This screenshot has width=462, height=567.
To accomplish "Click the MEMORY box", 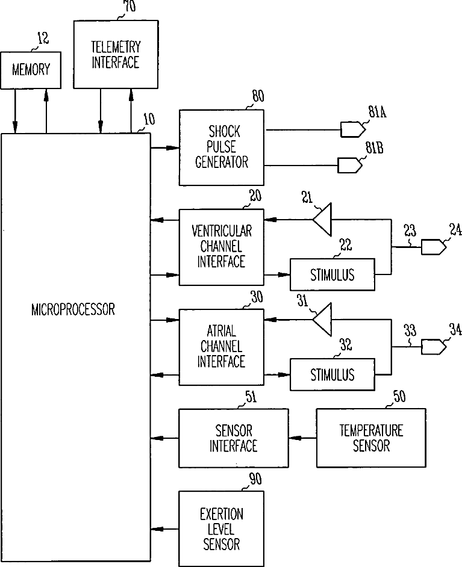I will coord(31,69).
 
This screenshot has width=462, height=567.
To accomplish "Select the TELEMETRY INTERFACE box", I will coord(116,55).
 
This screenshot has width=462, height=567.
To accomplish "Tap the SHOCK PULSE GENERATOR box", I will coord(221,147).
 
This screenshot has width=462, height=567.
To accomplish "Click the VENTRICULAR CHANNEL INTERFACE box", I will coord(221,247).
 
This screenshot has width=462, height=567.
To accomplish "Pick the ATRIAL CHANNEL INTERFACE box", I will coord(221,347).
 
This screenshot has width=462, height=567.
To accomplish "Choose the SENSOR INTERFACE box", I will coord(233,438).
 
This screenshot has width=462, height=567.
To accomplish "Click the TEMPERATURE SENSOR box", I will coord(371,438).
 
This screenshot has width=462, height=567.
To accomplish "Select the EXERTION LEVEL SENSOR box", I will coord(221,529).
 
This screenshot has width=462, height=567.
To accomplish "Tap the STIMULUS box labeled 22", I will coord(332,275).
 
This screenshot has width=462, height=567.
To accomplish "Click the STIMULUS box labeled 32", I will coord(332,374).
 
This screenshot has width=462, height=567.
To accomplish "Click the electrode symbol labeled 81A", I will coord(351,129).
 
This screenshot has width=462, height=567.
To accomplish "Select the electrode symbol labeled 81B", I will coord(348,164).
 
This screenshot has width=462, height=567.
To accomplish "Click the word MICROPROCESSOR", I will coord(73,310).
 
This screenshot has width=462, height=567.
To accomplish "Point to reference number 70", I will coord(129,7).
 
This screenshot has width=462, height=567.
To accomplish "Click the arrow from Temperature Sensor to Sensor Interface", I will coord(302,438).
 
